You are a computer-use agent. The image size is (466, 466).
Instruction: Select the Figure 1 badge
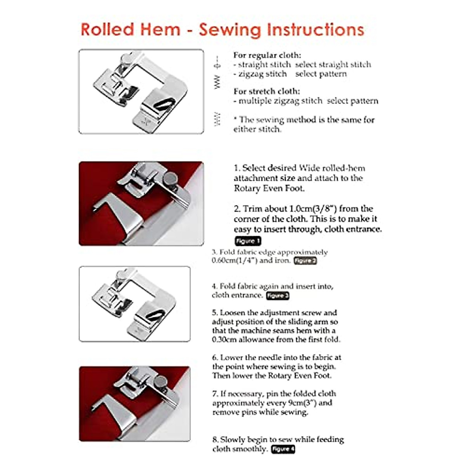click(x=247, y=241)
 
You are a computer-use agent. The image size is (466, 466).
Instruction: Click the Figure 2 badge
click(x=305, y=261)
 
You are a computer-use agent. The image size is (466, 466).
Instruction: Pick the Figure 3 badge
click(x=277, y=296)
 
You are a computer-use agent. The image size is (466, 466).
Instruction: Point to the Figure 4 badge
click(x=283, y=449)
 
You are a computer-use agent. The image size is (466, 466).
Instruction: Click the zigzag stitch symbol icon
click(x=217, y=82)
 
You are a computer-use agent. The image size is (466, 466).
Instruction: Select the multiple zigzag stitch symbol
click(x=217, y=119)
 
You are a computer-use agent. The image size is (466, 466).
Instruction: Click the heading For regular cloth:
click(x=267, y=55)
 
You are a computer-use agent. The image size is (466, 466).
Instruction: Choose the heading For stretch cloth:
click(x=266, y=91)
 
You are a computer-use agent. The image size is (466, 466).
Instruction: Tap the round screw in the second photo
click(x=170, y=178)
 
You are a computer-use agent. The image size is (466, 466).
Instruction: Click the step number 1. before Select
click(x=237, y=168)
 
